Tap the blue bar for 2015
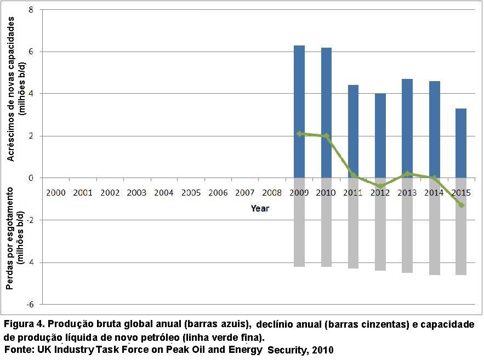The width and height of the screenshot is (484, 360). coord(460,143)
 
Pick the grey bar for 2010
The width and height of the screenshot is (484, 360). coord(326,222)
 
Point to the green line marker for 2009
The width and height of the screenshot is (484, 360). coord(299,133)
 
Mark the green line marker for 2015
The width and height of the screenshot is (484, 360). coord(461,205)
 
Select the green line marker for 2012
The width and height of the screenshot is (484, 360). coord(380,186)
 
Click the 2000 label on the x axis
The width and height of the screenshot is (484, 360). coord(56,193)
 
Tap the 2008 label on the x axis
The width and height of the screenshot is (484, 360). coord(272,193)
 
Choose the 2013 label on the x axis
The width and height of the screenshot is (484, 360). coord(407,193)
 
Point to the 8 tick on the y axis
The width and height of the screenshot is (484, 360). coord(30,10)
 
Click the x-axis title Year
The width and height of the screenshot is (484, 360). coord(260,208)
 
